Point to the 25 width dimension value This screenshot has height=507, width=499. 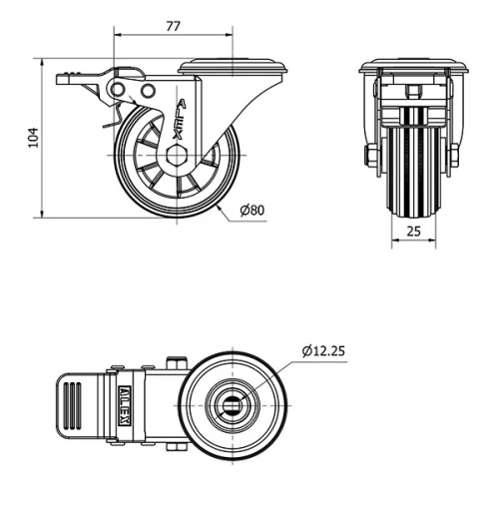pos(413,231)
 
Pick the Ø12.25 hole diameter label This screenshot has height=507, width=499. pos(323,349)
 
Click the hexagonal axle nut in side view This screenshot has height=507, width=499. pos(179,156)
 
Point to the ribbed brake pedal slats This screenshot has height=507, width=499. pos(75,403)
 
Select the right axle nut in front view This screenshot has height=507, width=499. pos(454,157)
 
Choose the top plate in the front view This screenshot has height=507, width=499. pos(413,68)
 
